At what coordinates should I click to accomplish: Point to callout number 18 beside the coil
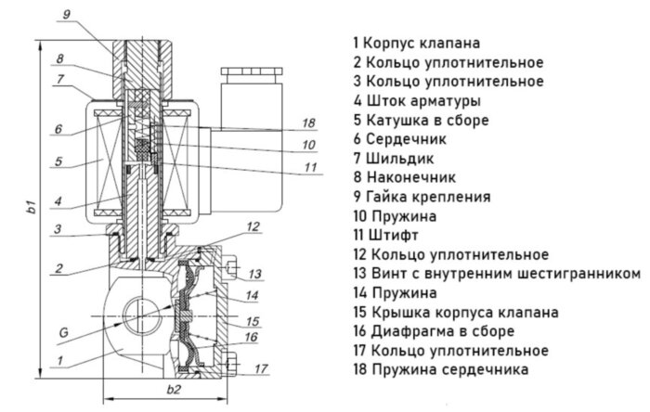[x=309, y=122]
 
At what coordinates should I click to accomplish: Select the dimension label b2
[x=171, y=389]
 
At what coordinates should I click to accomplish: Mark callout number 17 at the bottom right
[x=259, y=366]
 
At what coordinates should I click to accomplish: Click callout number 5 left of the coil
[x=58, y=161]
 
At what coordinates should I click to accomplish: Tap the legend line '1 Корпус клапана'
[x=423, y=43]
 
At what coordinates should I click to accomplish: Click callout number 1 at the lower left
[x=60, y=360]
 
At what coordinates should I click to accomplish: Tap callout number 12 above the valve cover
[x=253, y=226]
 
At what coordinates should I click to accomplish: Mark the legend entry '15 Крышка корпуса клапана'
[x=455, y=312]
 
